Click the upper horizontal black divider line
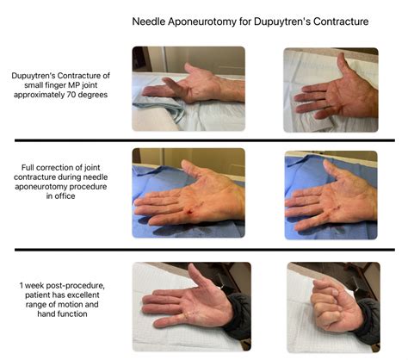[203, 140]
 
